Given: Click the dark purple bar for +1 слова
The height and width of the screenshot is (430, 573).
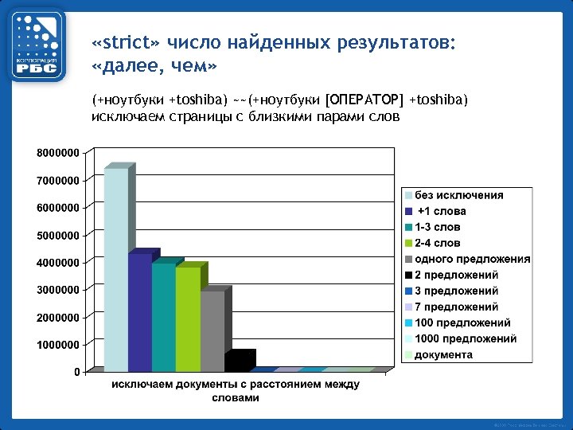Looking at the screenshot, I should click(139, 312).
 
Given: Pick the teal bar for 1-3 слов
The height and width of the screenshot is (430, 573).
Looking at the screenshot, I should click(163, 317).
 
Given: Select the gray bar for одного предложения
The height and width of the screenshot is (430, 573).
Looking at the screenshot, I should click(212, 330).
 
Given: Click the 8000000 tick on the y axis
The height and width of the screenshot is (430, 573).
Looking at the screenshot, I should click(57, 152).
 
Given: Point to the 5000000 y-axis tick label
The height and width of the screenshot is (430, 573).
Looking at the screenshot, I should click(57, 235).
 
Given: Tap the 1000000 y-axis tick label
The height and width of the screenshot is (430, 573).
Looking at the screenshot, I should click(57, 345).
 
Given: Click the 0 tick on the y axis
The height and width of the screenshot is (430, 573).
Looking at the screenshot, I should click(76, 372).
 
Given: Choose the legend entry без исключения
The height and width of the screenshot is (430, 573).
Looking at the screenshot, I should click(458, 195).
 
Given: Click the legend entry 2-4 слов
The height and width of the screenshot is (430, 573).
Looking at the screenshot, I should click(437, 243).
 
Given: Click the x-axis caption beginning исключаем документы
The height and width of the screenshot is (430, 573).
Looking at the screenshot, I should click(235, 390).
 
